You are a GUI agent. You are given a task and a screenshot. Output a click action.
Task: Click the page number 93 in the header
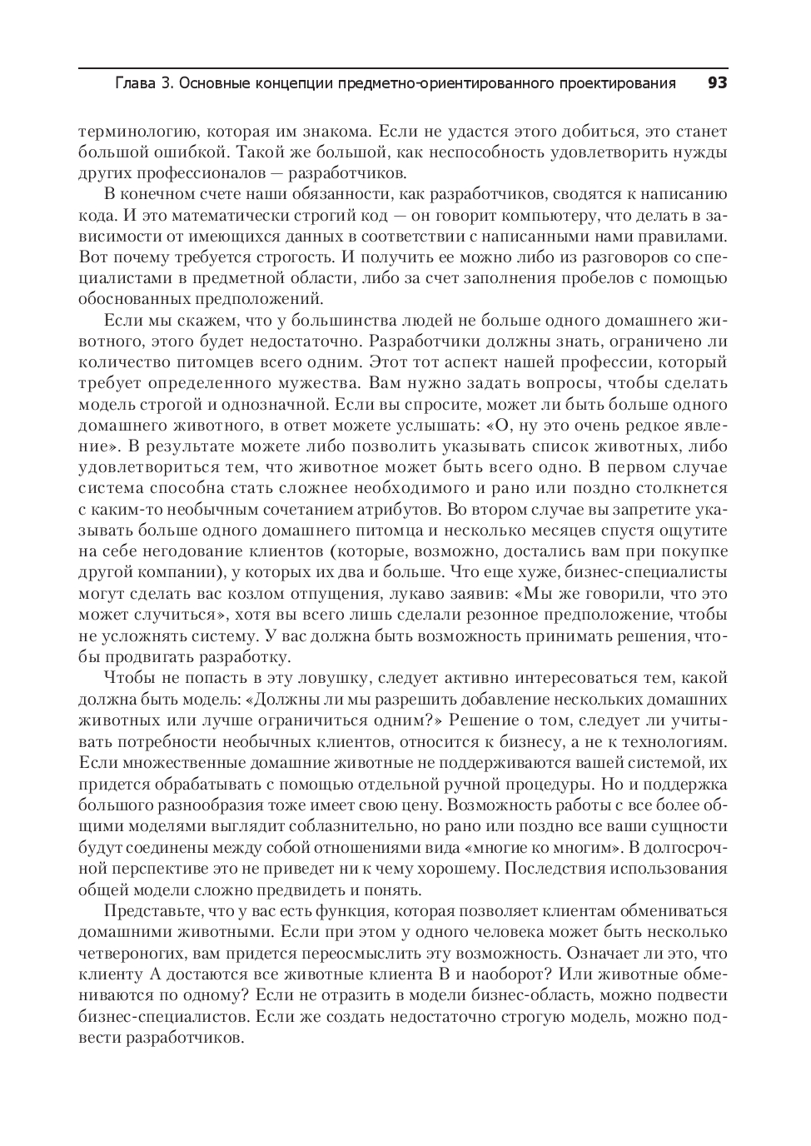point(717,82)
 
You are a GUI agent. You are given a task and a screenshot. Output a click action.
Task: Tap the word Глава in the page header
point(133,83)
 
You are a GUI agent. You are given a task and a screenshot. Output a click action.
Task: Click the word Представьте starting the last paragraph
point(155,910)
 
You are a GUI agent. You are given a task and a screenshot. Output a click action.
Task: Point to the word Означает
point(605,953)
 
